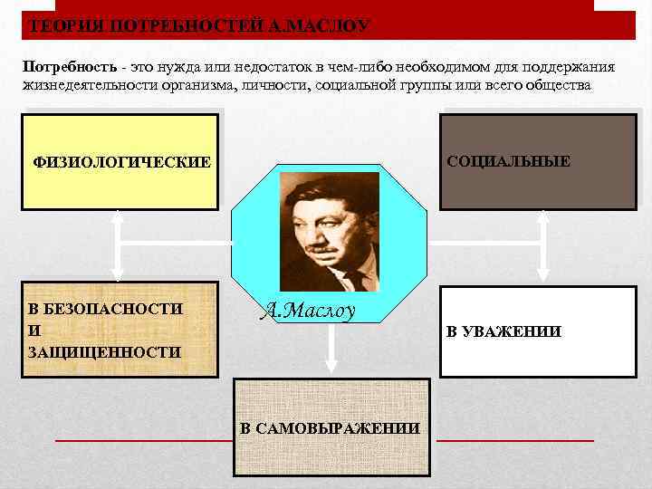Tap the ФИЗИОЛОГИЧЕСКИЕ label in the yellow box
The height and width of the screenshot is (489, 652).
tap(121, 163)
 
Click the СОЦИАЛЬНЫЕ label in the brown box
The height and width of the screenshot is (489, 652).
tap(508, 161)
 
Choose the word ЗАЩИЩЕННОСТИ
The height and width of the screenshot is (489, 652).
tap(104, 351)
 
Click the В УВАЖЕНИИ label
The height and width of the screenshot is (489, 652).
tap(503, 332)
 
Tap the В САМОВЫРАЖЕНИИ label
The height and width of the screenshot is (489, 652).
tap(331, 428)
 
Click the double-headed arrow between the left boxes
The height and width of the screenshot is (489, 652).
tap(117, 245)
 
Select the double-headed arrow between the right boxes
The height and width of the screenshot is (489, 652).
tap(542, 245)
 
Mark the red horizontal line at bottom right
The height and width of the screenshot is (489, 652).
tap(514, 440)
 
